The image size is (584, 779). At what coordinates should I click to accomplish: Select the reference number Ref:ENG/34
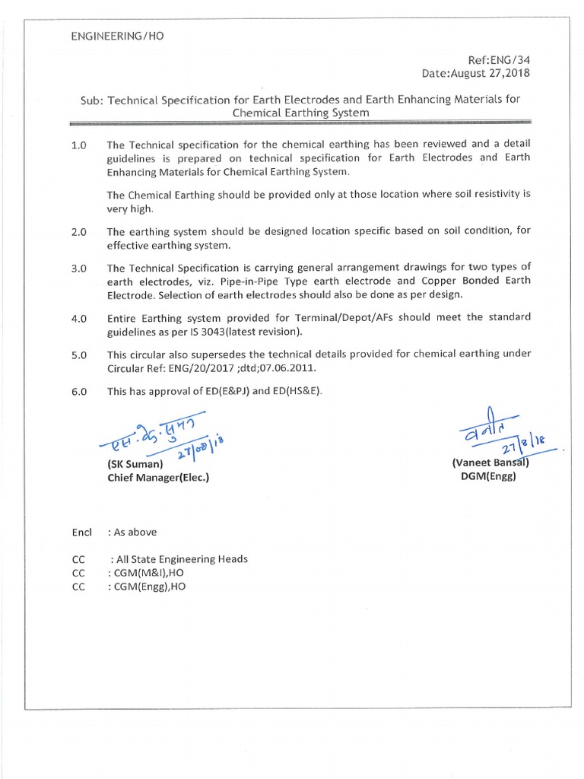(501, 59)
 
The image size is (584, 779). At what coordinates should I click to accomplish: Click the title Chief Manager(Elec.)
(157, 479)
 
